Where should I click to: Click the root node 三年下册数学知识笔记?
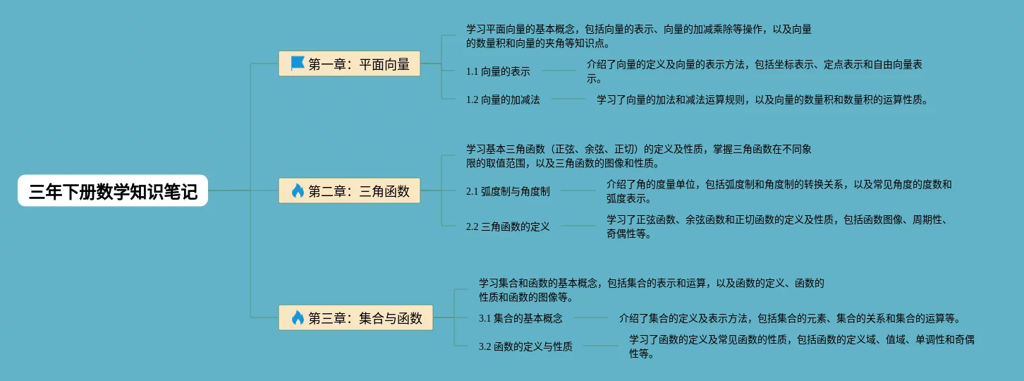coord(113,190)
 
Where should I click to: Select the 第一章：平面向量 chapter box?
coord(350,64)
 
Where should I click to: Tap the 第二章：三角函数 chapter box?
coord(350,190)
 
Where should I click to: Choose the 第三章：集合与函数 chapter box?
coord(356,317)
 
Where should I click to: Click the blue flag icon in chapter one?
coord(298,64)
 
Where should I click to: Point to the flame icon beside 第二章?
coord(298,190)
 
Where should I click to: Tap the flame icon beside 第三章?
coord(298,317)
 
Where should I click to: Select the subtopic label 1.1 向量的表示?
coord(498,71)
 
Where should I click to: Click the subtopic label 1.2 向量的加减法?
coord(503,99)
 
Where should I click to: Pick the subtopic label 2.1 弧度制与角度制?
coord(508,191)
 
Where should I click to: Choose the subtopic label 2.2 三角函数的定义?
coord(508,226)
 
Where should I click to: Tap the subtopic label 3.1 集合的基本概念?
coord(520,318)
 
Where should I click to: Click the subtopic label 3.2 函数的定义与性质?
coord(525,346)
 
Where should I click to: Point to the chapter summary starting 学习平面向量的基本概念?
coord(638,36)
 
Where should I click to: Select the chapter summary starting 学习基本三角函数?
coord(638,156)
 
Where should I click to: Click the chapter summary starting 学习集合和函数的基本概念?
coord(651,290)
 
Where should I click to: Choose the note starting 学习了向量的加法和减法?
coord(762,99)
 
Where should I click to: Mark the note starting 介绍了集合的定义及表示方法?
coord(789,318)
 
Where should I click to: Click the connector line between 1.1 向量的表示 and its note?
coord(559,71)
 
